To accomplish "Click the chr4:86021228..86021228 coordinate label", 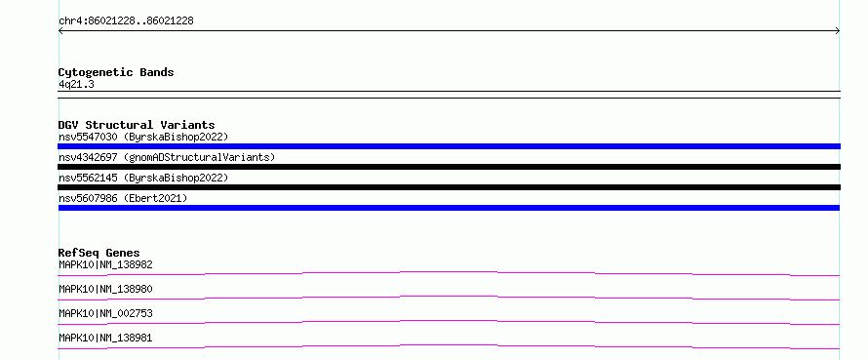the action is tap(126, 21).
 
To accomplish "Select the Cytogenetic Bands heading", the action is tap(116, 72).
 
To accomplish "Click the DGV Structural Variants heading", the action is tap(137, 125).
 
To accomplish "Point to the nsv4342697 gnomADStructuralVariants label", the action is tap(167, 157).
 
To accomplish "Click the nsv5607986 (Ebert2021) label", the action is tap(123, 198).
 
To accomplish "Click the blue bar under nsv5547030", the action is tap(449, 146).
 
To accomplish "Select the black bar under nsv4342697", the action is tap(449, 167).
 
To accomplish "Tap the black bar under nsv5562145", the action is tap(449, 187).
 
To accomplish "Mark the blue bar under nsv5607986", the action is tap(449, 208).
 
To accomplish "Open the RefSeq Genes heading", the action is tap(99, 253).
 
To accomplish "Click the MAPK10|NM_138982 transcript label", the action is tap(105, 264).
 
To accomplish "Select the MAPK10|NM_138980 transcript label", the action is tap(105, 289).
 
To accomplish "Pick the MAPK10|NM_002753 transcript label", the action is tap(105, 313).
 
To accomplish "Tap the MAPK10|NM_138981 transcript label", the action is tap(105, 338).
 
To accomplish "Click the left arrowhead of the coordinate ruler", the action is tap(59, 31).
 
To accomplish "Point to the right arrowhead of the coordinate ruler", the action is tap(839, 31).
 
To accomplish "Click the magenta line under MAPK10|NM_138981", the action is tap(449, 345).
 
